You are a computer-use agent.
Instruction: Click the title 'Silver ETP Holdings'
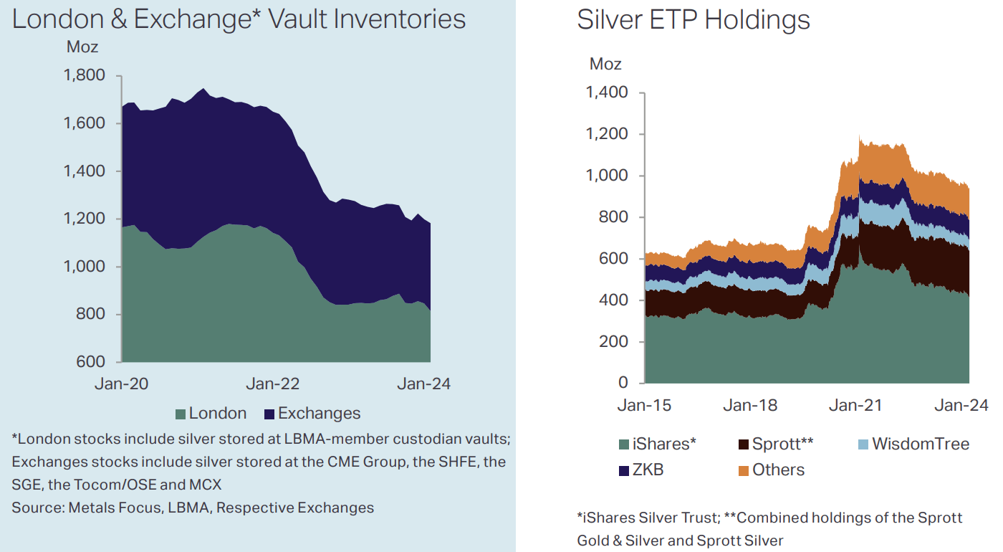(693, 20)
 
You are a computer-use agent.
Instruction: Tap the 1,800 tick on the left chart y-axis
(85, 76)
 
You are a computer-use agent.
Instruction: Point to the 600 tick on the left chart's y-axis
(90, 362)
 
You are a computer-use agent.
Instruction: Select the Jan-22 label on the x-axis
(272, 384)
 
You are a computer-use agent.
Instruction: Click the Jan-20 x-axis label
(122, 384)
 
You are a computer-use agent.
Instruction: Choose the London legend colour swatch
(180, 414)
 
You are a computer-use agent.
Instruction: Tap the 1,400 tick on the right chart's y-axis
(606, 92)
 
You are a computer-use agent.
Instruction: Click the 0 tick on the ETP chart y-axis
(623, 383)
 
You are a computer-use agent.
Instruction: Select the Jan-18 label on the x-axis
(750, 406)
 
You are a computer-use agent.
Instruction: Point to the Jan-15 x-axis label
(644, 406)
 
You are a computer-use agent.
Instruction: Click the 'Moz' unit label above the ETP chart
(605, 64)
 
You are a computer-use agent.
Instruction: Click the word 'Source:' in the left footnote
(37, 508)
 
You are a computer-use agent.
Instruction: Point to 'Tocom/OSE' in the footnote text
(117, 485)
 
